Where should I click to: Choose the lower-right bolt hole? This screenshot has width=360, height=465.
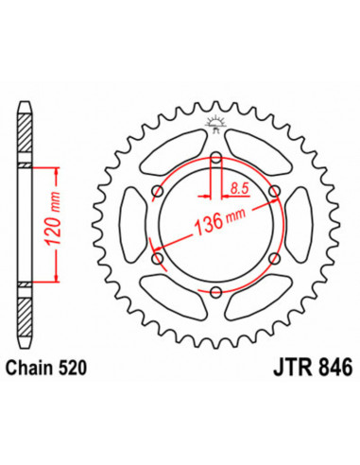point(274,256)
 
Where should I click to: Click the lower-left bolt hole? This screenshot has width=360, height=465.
point(157,256)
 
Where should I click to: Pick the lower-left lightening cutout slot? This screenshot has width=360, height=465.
point(174,294)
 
